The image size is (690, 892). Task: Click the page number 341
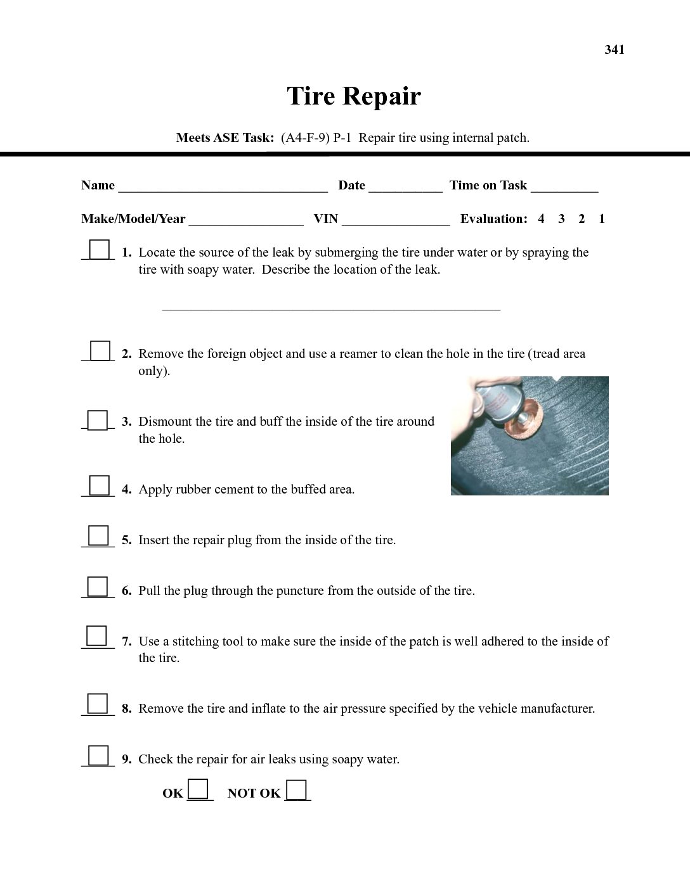(x=615, y=50)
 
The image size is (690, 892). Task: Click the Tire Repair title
(x=353, y=96)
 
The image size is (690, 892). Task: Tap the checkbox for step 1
(x=99, y=250)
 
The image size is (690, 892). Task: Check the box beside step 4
(x=99, y=486)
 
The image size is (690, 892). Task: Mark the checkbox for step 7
(x=96, y=636)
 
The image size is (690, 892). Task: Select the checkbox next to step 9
(x=98, y=756)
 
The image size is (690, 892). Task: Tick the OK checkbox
(x=199, y=789)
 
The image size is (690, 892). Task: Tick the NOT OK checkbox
(x=296, y=791)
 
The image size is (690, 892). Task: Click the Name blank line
(x=223, y=188)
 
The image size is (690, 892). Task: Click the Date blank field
(x=405, y=188)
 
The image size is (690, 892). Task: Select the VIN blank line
(x=396, y=221)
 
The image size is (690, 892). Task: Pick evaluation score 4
(x=541, y=219)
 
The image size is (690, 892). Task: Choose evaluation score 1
(x=602, y=219)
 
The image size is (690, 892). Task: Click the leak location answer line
(x=331, y=307)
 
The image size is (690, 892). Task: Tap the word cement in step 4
(x=247, y=490)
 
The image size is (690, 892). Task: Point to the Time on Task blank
(x=564, y=188)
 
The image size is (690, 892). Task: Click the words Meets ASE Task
(x=225, y=138)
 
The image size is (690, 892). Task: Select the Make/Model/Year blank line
(x=246, y=221)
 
